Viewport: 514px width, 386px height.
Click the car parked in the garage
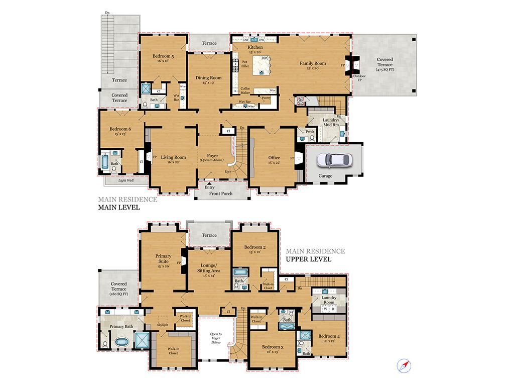tap(334, 160)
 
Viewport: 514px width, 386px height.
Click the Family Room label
tap(313, 63)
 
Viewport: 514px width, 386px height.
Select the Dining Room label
tap(208, 78)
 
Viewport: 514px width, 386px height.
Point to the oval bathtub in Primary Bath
tap(122, 342)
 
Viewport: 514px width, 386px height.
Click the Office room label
tap(274, 157)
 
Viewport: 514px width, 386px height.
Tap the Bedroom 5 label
tap(163, 57)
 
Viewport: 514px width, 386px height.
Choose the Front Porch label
tap(221, 194)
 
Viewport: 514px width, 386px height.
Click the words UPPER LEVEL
tap(308, 259)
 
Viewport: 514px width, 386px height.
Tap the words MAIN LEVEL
tap(118, 207)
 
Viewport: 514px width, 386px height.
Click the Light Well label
tap(126, 180)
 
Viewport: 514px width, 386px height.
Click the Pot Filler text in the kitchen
tap(245, 64)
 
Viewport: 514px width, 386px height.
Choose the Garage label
tap(326, 176)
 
